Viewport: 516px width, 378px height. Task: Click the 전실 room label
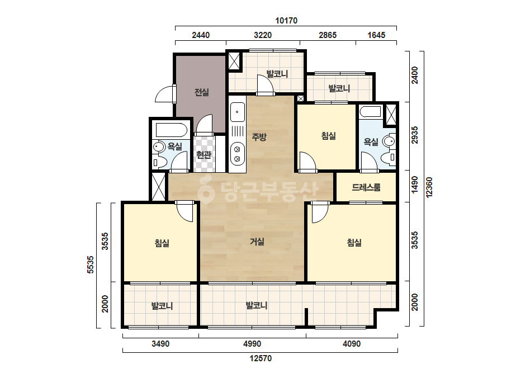coord(202,92)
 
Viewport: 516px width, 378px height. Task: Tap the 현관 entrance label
coord(203,155)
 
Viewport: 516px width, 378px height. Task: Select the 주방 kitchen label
coord(259,136)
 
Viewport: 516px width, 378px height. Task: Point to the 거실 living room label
coord(257,242)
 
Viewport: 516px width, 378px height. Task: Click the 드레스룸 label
coord(366,187)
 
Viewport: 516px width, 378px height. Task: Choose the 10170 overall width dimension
coord(286,21)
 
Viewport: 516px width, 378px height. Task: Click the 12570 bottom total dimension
coord(261,358)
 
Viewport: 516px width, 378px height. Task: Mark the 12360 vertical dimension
coord(429,187)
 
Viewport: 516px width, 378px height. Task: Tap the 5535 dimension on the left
coord(90,264)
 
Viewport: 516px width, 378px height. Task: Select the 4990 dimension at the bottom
coord(252,344)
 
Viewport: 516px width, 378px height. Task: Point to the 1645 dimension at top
coord(376,35)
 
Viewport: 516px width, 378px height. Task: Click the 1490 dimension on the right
coord(415,185)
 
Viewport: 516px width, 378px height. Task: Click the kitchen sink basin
coord(237,112)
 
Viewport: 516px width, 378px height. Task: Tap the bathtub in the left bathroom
coord(172,130)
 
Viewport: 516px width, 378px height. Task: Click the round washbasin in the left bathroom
coord(159,147)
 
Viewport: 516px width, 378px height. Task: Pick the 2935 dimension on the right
coord(415,135)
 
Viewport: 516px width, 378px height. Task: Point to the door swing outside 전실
coord(164,94)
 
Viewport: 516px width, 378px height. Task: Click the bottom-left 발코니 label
coord(162,306)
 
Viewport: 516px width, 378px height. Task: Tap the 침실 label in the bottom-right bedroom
coord(354,243)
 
